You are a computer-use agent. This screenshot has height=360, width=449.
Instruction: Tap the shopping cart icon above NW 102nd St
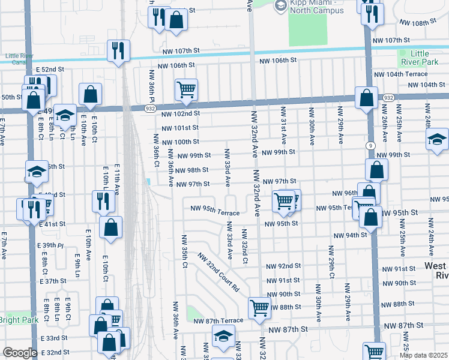click(186, 89)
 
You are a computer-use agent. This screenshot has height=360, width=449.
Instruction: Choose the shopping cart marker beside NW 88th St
click(259, 308)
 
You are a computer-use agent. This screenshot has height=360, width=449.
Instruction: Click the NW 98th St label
click(193, 170)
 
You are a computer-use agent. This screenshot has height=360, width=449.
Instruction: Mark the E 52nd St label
click(49, 70)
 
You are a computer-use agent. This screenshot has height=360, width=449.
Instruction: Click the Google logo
click(20, 353)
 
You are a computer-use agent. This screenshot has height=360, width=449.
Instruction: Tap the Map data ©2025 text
click(423, 355)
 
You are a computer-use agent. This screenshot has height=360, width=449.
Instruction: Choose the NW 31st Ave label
click(283, 127)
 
